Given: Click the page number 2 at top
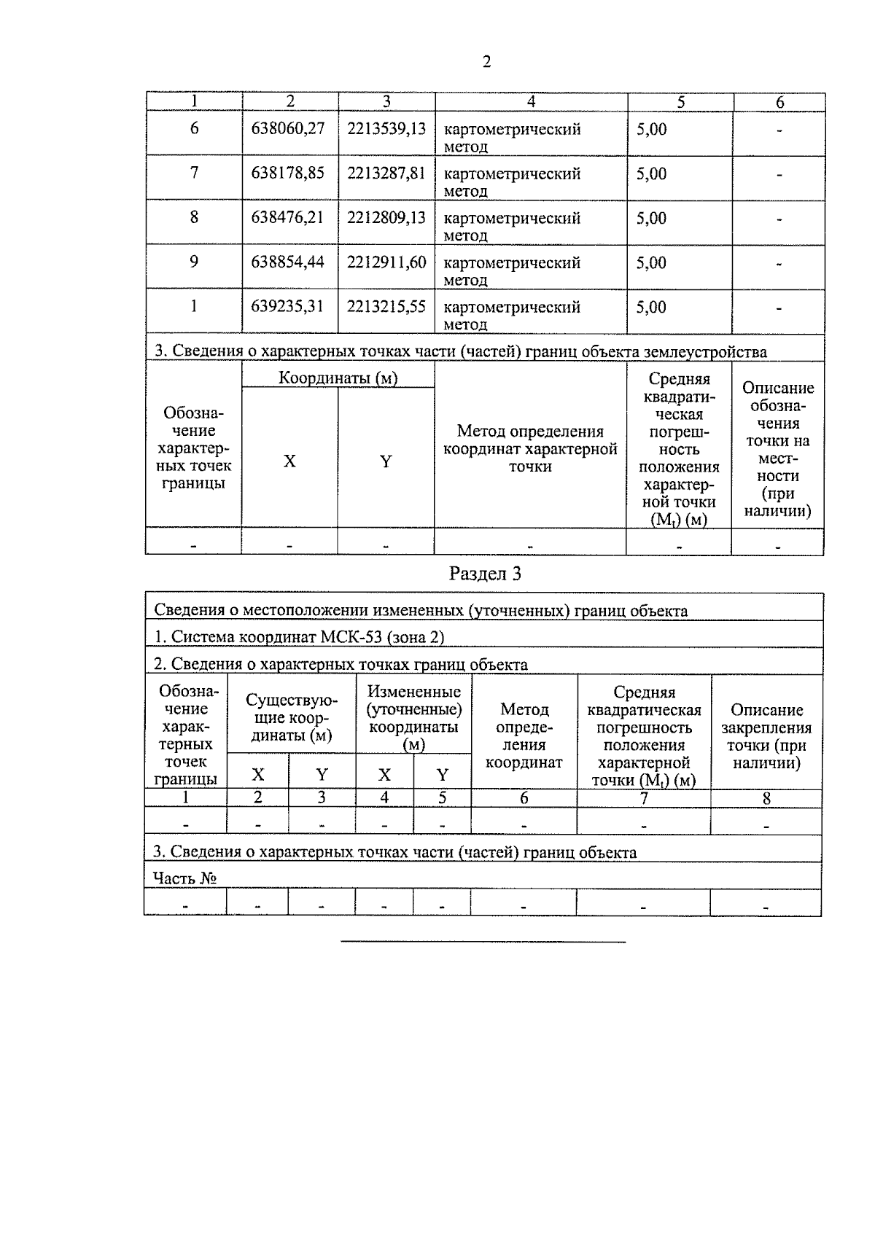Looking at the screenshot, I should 486,62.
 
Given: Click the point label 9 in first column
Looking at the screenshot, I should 194,261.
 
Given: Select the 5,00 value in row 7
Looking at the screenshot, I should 651,173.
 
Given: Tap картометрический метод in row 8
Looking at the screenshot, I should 512,226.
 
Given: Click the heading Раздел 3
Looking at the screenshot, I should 485,574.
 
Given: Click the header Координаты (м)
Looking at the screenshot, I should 338,378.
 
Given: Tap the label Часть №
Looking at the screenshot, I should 184,878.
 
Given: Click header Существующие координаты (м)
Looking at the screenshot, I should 292,717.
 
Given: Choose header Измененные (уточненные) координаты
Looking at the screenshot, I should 413,717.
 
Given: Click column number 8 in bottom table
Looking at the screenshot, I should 766,798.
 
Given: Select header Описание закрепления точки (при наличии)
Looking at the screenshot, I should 766,736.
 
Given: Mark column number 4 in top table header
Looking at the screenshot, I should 531,102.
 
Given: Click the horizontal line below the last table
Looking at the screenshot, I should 483,942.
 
